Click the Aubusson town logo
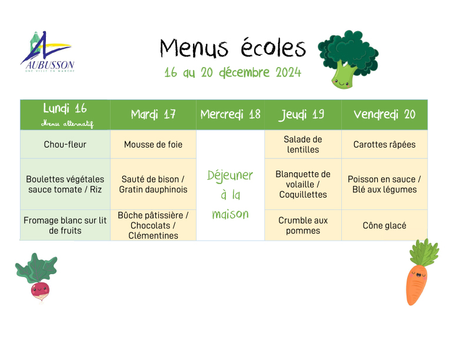[47, 52]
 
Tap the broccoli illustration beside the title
[348, 59]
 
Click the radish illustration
[37, 278]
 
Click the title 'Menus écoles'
[232, 48]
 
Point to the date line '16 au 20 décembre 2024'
[232, 72]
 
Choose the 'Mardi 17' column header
[153, 115]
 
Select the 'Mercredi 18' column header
[230, 115]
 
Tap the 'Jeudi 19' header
[303, 115]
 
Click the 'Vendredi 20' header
[385, 115]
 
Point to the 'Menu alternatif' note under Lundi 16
[67, 124]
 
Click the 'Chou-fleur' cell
[65, 144]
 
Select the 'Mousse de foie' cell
[153, 144]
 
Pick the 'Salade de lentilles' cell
[303, 144]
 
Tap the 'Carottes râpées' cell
[385, 144]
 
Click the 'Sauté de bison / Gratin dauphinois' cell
[153, 184]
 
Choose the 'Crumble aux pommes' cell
[303, 225]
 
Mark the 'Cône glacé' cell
[385, 225]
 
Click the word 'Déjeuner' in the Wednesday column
[230, 176]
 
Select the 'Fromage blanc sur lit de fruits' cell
[65, 225]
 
